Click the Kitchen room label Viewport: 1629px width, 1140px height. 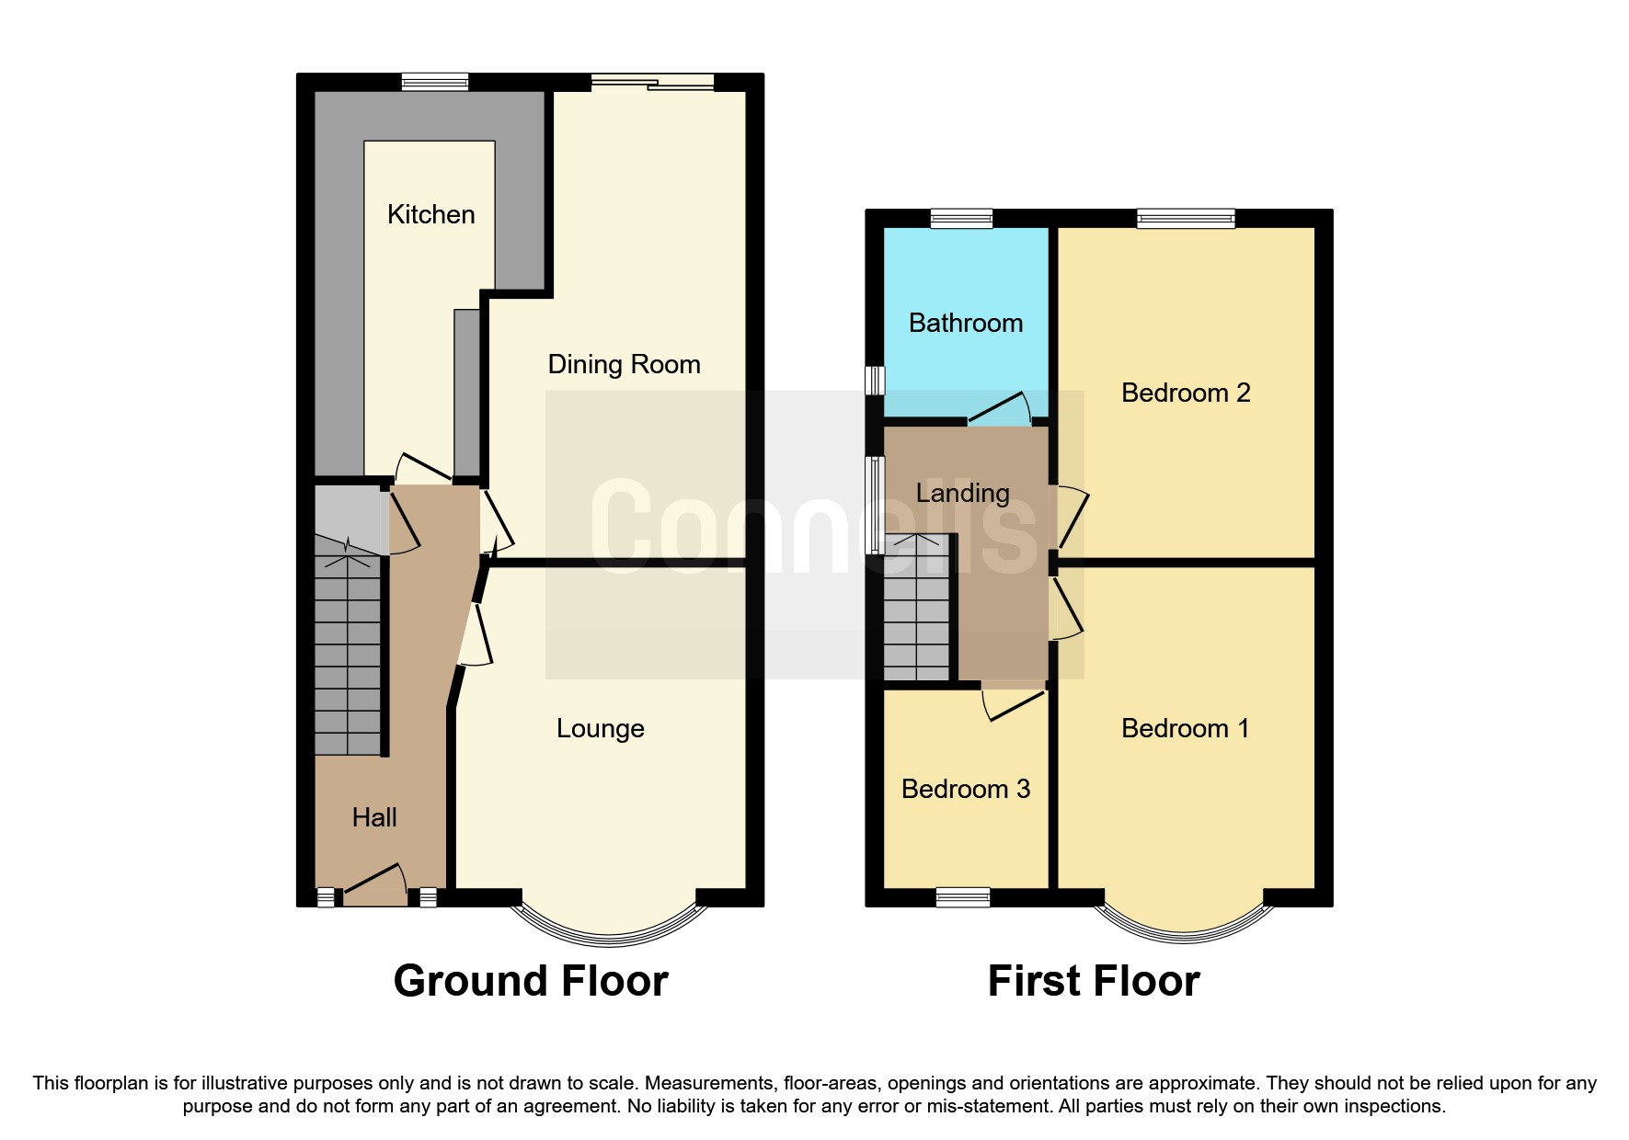[430, 214]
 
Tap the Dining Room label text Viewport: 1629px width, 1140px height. [624, 364]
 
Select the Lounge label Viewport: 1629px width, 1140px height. [600, 728]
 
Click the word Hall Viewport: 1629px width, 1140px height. [374, 817]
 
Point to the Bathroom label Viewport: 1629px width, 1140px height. [966, 323]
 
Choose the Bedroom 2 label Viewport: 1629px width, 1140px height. [1185, 393]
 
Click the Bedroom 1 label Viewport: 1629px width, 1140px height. [1185, 728]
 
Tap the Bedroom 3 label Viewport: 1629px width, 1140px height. [965, 789]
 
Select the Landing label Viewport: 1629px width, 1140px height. [962, 493]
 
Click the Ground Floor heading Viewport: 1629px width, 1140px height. [531, 981]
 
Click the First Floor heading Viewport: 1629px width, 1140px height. [1093, 981]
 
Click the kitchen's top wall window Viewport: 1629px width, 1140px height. [435, 82]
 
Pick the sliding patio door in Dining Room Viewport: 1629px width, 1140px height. [652, 82]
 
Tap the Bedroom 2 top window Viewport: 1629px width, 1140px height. [1185, 218]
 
